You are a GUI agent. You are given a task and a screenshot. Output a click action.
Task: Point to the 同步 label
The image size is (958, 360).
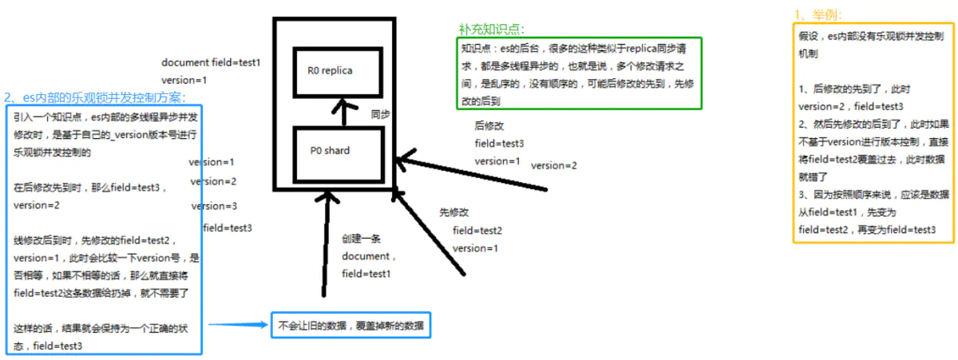(x=380, y=114)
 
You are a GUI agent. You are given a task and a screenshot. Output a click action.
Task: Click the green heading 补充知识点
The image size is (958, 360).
(x=485, y=29)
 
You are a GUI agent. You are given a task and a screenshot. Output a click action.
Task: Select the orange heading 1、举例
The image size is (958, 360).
(x=817, y=15)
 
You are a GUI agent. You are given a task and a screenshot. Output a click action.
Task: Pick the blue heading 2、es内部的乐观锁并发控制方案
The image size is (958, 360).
(x=95, y=97)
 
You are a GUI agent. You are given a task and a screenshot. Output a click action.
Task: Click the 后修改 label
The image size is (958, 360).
(x=489, y=125)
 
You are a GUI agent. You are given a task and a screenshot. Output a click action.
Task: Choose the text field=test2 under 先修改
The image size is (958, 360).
(x=477, y=231)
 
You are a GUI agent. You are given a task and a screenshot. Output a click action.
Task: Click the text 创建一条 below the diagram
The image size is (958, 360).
(x=358, y=238)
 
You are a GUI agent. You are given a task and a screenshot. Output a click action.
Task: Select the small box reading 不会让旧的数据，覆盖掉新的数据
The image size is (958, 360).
(x=351, y=326)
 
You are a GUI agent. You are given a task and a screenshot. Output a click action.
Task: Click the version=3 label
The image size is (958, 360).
(x=214, y=206)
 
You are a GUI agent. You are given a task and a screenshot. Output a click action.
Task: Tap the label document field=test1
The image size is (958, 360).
(x=212, y=62)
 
